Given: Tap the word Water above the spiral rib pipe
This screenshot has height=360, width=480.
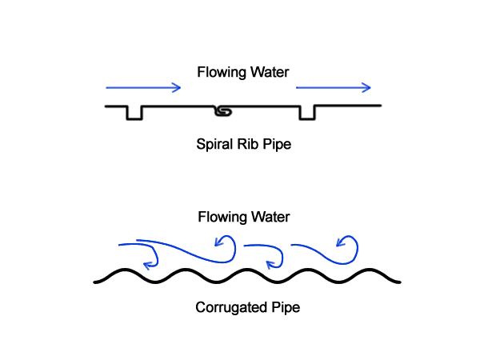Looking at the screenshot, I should coord(270,73).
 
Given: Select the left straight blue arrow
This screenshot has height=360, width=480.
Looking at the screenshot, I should coord(143,87).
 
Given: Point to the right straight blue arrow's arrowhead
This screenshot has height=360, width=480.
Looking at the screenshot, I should coord(366,87).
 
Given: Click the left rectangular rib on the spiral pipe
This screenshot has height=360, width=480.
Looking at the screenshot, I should coord(134,113).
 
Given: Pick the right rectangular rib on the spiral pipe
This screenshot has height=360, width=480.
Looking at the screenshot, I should coord(306,113).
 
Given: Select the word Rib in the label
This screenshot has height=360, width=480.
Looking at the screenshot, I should coord(246,146).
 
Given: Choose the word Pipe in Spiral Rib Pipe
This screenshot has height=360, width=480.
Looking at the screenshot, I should coord(274,146).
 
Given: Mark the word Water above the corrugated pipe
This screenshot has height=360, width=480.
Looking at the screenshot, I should coord(270,218).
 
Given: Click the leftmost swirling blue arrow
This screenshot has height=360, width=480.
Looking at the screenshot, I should coord(144,253).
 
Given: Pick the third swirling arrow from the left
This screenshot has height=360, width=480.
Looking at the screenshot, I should coord(268,254).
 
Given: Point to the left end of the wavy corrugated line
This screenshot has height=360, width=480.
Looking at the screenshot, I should coord(96,281).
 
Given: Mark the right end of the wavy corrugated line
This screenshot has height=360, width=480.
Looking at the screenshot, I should coord(398,281).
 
